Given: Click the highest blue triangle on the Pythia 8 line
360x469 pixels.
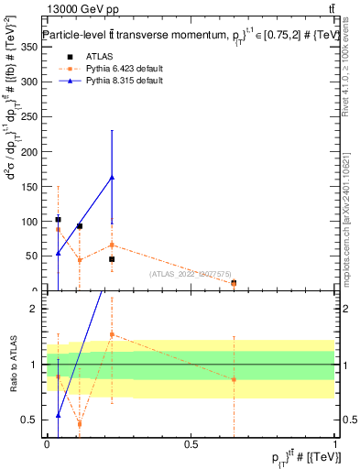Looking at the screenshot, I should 113,177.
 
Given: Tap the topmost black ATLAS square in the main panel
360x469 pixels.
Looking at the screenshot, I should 58,220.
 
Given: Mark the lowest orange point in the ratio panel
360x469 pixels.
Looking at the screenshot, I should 80,423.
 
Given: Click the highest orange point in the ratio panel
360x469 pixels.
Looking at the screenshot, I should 113,334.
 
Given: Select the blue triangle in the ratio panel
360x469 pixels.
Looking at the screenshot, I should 58,415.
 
